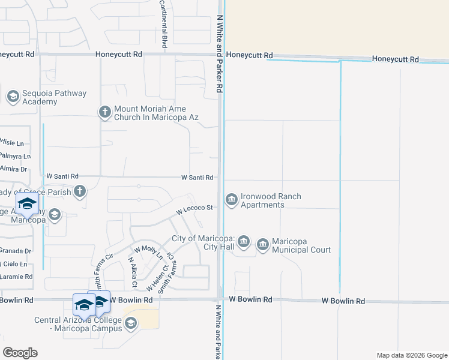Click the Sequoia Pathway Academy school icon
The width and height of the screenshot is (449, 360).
pyautogui.click(x=13, y=97)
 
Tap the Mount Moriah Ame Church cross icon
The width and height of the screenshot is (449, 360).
pyautogui.click(x=105, y=112)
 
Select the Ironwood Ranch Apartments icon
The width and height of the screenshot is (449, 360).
pyautogui.click(x=231, y=200)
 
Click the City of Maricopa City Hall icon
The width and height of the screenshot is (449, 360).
pyautogui.click(x=243, y=242)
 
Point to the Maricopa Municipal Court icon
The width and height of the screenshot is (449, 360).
pyautogui.click(x=262, y=245)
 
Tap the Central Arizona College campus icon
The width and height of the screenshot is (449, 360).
pyautogui.click(x=131, y=324)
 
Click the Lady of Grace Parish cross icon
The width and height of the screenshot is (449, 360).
pyautogui.click(x=80, y=192)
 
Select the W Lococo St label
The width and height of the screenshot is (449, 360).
pyautogui.click(x=195, y=210)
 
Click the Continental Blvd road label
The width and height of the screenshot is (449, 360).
pyautogui.click(x=163, y=24)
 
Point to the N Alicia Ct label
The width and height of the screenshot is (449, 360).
pyautogui.click(x=133, y=272)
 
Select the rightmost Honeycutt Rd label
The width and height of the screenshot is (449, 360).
pyautogui.click(x=395, y=59)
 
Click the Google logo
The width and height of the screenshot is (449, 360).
pyautogui.click(x=20, y=353)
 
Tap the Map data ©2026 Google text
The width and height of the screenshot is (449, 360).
pyautogui.click(x=411, y=355)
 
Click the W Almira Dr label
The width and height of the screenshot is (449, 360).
pyautogui.click(x=13, y=169)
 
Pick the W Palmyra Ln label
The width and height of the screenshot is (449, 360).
pyautogui.click(x=15, y=156)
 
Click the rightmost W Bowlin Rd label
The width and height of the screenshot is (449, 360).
pyautogui.click(x=343, y=301)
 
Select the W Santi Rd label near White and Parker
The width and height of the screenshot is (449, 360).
pyautogui.click(x=198, y=178)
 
